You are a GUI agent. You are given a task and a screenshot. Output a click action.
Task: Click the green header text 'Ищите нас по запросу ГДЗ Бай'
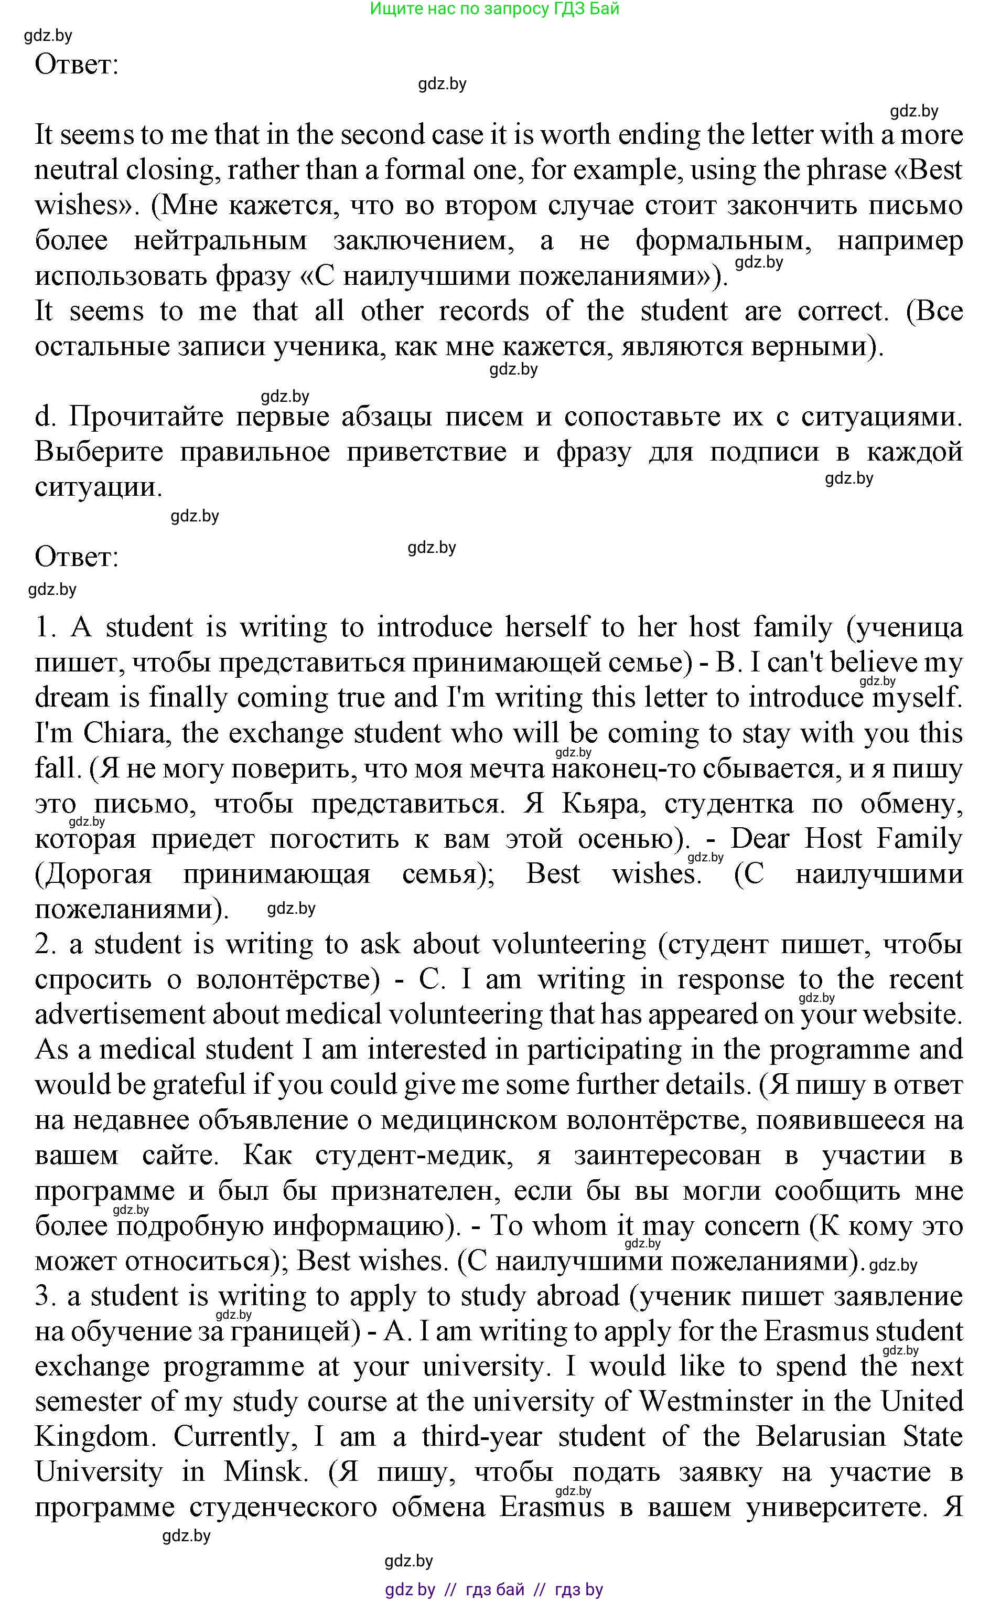coord(494,9)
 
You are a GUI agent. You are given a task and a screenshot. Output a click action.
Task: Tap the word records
coord(483,311)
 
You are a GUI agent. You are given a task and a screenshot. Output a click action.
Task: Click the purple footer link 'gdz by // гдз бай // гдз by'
coord(494,1588)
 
